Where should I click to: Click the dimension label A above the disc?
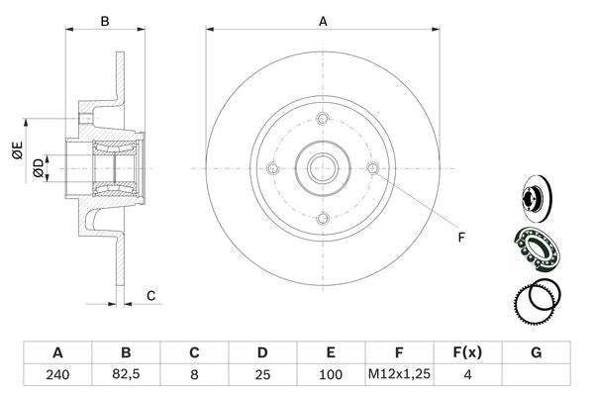(x=323, y=20)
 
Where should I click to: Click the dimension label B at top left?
(x=104, y=20)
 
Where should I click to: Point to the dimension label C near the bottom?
(x=150, y=295)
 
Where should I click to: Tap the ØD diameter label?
(x=38, y=167)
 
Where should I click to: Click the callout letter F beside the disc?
(x=460, y=236)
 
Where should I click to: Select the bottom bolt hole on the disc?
(x=323, y=219)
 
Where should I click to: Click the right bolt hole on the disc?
(x=373, y=168)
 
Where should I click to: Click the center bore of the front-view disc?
(x=323, y=168)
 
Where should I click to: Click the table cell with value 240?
(x=57, y=375)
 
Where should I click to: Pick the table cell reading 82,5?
(x=126, y=375)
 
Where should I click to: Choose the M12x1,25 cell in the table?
(x=400, y=375)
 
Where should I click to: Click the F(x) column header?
(x=468, y=352)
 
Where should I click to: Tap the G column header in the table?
(x=537, y=352)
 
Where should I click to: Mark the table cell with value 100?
(x=331, y=375)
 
